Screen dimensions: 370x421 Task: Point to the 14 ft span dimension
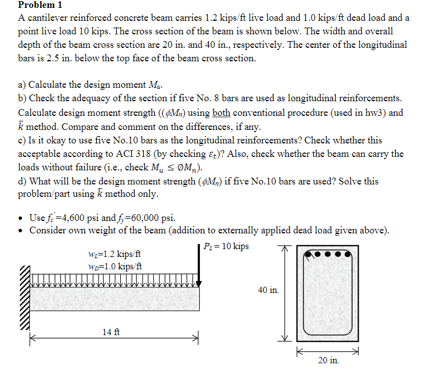click(x=111, y=332)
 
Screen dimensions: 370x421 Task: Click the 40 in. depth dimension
click(x=268, y=290)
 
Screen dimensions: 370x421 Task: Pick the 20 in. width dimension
click(x=328, y=360)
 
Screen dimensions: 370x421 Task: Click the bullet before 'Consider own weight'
click(x=21, y=231)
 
